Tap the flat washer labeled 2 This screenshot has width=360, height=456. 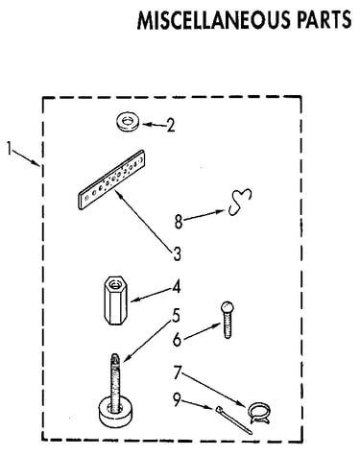pos(128,122)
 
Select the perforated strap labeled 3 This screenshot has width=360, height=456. pos(111,180)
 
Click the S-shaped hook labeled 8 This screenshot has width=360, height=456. pos(241,202)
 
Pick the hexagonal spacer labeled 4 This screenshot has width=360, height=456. pos(115,300)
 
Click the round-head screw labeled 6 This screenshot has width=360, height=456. pos(227,320)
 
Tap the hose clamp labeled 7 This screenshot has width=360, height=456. pos(259,413)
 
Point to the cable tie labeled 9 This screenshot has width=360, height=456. pos(233,420)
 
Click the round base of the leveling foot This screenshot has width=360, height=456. pos(114,412)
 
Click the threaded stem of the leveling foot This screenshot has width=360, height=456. pos(115,377)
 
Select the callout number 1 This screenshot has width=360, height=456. pos(10,149)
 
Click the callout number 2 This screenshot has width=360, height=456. pos(171,125)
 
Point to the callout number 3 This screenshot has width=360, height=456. pos(177,253)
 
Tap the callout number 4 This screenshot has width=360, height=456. pos(177,286)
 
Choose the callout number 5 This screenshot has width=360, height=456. pos(176,316)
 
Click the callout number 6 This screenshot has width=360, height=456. pos(177,340)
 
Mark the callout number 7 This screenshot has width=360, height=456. pos(178,372)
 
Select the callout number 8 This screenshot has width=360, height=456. pos(179,222)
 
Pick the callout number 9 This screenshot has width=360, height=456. pos(177,400)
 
